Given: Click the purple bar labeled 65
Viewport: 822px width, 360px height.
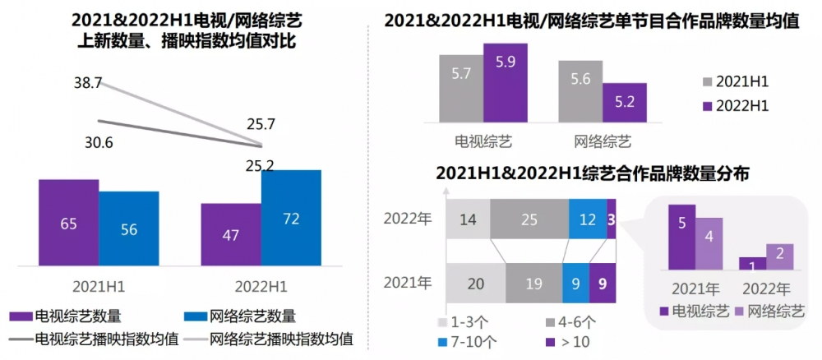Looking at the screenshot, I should [68, 224].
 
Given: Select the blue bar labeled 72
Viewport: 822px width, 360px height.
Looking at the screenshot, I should [291, 219].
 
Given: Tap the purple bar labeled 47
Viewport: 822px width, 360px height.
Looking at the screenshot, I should [231, 236].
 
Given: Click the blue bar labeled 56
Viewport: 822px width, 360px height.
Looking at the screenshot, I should [129, 230].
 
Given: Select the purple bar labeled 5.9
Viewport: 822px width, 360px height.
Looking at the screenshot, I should [505, 82].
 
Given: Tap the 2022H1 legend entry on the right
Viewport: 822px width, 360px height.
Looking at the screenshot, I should [734, 105].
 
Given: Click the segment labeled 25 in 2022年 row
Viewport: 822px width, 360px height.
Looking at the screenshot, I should [529, 219].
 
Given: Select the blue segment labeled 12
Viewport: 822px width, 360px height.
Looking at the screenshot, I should [588, 219].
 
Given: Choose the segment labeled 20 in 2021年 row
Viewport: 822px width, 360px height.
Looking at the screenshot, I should [475, 284].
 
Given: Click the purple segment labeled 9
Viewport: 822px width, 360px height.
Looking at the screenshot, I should [603, 284].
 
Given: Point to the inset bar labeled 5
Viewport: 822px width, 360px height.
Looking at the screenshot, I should [681, 238].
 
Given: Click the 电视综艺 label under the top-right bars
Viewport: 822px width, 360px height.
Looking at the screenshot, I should [483, 141].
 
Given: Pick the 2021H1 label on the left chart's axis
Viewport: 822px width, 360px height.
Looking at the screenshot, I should [99, 286].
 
